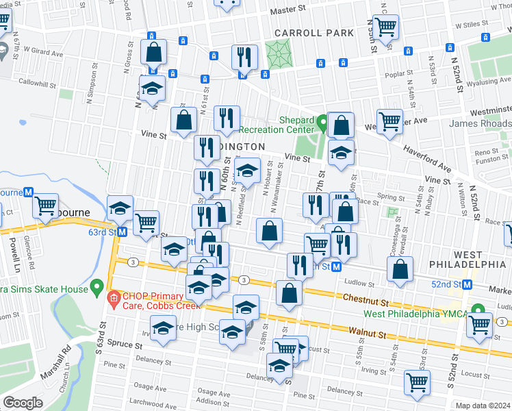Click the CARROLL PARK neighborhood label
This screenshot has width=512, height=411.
coord(314,33)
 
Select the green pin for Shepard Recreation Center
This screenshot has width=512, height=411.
coord(322,124)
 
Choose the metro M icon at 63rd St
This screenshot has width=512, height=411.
coord(122,232)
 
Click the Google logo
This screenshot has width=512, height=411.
coord(23,403)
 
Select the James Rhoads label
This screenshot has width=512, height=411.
coord(480,123)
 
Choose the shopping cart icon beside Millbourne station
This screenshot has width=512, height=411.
coord(46,206)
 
